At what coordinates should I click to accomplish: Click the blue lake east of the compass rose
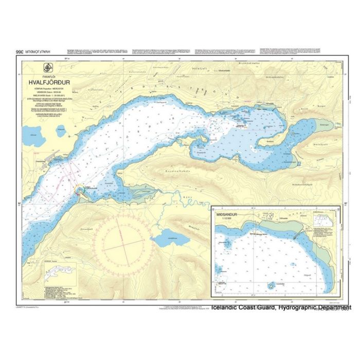169,238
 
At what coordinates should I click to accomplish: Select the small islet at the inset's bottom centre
269,285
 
